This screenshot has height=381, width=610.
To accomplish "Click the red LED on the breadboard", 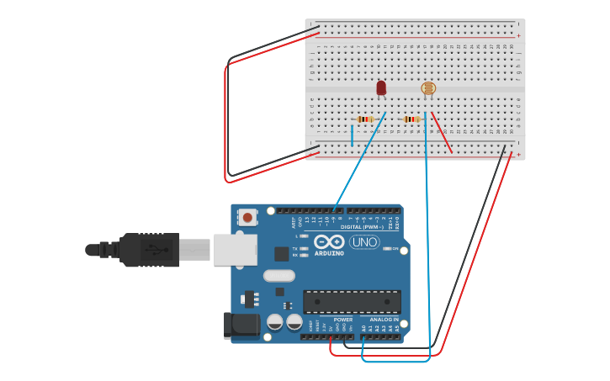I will [381, 87].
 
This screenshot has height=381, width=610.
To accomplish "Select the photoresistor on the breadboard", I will [428, 88].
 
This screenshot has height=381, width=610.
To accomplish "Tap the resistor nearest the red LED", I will [364, 119].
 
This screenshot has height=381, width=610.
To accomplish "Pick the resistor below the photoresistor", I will [411, 119].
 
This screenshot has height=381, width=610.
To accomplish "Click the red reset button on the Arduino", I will [247, 218].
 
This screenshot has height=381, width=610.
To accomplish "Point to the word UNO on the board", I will [364, 242].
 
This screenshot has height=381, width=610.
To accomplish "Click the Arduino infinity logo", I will [329, 242].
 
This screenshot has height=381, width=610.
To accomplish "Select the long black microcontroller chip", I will [352, 302].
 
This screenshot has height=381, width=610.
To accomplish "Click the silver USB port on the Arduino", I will [235, 250].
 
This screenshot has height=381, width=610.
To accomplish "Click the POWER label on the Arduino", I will [342, 320].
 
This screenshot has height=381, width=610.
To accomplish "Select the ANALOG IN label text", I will [385, 320].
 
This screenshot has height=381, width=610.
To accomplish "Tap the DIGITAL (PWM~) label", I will [362, 227].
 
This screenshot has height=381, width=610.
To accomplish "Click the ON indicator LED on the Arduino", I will [386, 249].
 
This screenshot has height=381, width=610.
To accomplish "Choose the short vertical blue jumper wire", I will [353, 135].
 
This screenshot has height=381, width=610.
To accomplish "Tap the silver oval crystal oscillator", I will [278, 275].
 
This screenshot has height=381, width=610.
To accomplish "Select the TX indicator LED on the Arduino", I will [304, 248].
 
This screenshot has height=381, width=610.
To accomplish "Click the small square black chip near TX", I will [282, 253].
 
